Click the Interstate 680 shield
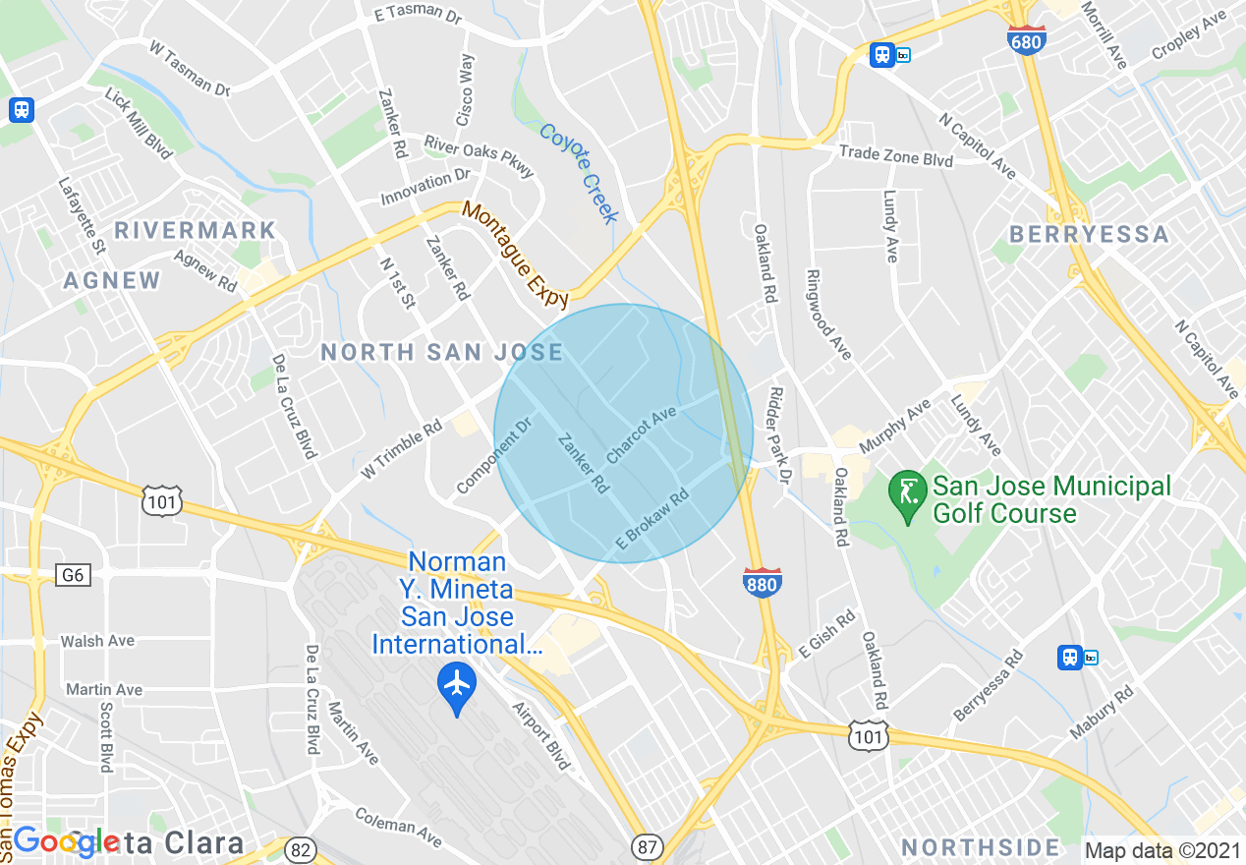(1026, 40)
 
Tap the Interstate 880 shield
(762, 582)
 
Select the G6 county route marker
(73, 575)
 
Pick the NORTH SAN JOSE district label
(442, 352)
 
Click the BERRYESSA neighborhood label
(1089, 234)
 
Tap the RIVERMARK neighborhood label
(195, 230)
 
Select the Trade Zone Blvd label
(895, 156)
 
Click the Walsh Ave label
(97, 641)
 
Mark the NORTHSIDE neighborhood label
(981, 847)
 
